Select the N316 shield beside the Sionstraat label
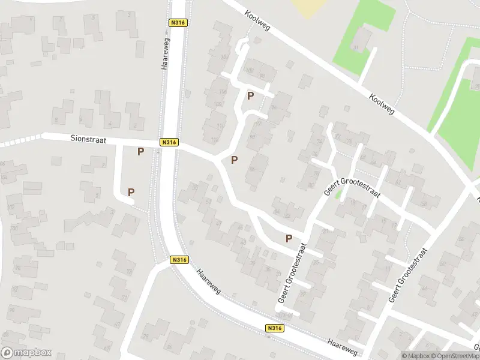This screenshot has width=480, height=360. pos(169,142)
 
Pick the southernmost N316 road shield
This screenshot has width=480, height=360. pos(274,328)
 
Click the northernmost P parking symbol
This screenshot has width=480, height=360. pos(250,95)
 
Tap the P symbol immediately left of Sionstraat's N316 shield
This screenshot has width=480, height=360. pos(141,152)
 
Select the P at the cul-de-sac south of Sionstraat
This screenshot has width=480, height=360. pos(131,192)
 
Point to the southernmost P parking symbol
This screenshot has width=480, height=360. pos(289,238)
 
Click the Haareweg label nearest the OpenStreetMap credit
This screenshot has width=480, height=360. pos(343,346)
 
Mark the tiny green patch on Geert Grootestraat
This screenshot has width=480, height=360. pos(339,194)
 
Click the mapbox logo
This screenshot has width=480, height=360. pos(26,353)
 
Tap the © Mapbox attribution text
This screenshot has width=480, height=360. pos(415,356)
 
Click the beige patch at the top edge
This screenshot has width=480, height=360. pos(310,7)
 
